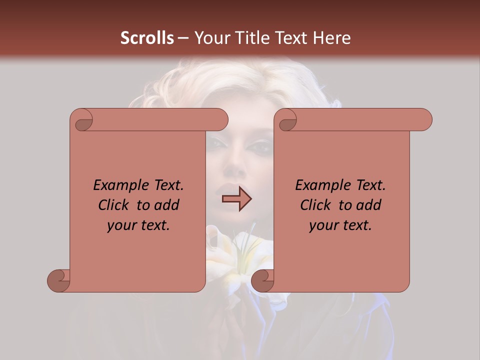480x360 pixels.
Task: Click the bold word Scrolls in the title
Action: [147, 38]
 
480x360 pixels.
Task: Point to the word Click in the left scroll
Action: [114, 205]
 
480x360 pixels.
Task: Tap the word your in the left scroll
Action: [121, 225]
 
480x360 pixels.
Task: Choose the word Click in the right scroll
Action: [316, 205]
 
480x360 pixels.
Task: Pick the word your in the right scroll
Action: [323, 225]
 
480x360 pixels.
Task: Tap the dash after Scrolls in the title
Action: [183, 38]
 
